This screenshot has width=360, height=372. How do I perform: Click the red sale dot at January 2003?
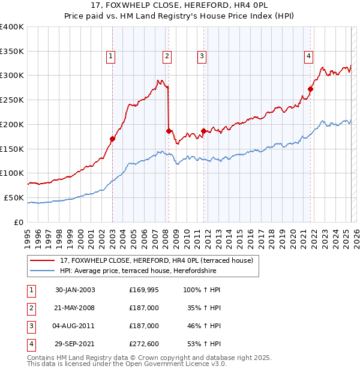pyautogui.click(x=112, y=139)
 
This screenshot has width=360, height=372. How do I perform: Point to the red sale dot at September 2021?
pyautogui.click(x=311, y=89)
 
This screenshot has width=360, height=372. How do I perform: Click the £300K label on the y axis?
pyautogui.click(x=12, y=76)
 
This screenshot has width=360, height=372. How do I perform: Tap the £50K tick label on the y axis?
pyautogui.click(x=14, y=197)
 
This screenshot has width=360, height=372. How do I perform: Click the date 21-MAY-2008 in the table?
pyautogui.click(x=74, y=308)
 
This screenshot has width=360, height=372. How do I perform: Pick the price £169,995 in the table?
pyautogui.click(x=144, y=290)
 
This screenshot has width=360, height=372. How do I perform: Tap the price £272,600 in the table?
pyautogui.click(x=144, y=344)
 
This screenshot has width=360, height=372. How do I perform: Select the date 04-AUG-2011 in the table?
pyautogui.click(x=74, y=326)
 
